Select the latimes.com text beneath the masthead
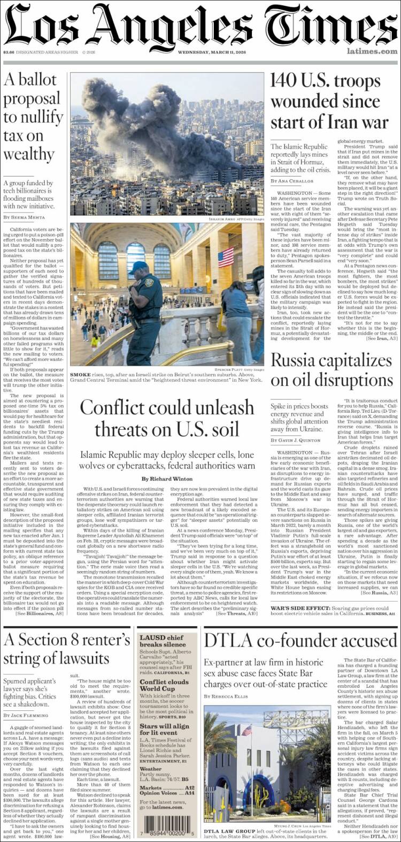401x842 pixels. click(372, 51)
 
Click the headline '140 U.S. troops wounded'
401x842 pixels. click(329, 102)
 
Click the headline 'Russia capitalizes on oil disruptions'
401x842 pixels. click(332, 370)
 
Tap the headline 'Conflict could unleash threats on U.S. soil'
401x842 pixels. click(167, 418)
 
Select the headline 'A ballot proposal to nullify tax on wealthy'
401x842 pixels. click(32, 117)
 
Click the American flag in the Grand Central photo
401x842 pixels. click(226, 257)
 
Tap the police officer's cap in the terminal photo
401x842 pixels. click(138, 266)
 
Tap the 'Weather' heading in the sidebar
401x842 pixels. click(151, 769)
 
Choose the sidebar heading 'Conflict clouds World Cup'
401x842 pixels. click(164, 686)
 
